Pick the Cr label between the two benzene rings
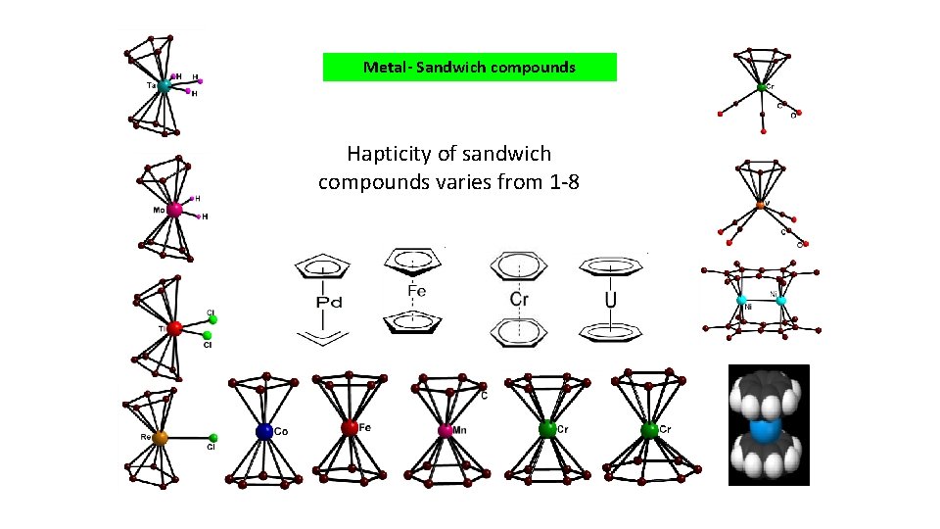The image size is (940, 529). click(519, 299)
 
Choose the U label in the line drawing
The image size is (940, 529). click(611, 298)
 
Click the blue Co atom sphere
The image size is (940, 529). click(264, 430)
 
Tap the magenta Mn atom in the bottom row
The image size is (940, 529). click(446, 430)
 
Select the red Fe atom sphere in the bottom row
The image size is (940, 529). click(350, 427)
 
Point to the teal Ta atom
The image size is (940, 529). click(164, 86)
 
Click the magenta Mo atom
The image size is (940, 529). click(174, 209)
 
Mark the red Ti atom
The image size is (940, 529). click(174, 328)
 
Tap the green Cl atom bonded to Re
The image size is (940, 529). click(212, 438)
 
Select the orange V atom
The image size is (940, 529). click(761, 206)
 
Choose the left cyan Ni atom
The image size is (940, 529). click(742, 299)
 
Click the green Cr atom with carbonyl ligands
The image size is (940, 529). click(761, 88)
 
